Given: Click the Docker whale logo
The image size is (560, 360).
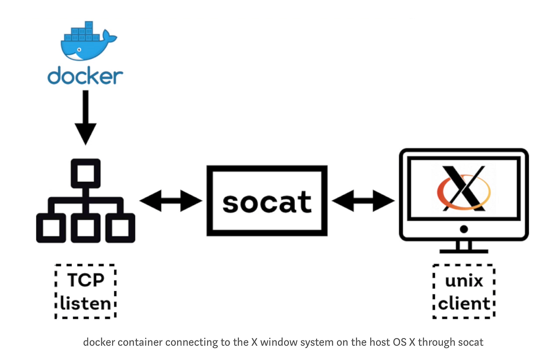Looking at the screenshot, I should tap(86, 42).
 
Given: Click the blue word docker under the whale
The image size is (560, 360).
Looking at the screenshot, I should tap(85, 76).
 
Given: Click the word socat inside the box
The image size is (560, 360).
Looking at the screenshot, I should tap(267, 202).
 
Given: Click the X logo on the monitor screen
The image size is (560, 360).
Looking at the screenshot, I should tap(463, 188).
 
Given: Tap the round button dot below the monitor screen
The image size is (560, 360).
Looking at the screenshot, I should tap(463, 229).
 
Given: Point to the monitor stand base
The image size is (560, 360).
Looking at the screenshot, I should tap(463, 250).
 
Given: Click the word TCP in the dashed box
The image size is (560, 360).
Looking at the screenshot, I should tap(85, 280).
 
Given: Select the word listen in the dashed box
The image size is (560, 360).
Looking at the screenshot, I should tap(85, 304).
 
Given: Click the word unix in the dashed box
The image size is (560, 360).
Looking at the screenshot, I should tap(463, 281).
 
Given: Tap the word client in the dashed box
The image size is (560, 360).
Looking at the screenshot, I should tap(463, 304).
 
